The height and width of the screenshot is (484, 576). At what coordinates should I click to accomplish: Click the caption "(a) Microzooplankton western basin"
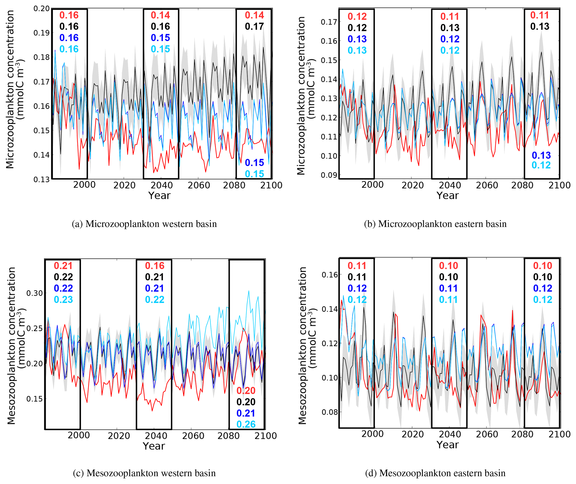[144, 224]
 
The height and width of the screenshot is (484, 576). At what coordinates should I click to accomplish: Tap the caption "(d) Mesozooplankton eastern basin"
[435, 473]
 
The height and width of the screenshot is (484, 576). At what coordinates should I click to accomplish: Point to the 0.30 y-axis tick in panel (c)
[35, 293]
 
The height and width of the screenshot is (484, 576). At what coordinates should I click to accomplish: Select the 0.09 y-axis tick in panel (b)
[329, 175]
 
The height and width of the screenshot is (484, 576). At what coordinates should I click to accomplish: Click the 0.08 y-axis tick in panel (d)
[329, 412]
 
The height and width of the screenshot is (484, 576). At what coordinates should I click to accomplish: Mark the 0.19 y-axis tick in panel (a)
[41, 33]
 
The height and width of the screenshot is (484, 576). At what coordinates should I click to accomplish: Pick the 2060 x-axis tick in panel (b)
[487, 185]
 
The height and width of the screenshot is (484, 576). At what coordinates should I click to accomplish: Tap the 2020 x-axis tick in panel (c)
[119, 436]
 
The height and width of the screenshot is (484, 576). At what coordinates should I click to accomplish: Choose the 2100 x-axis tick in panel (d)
[559, 434]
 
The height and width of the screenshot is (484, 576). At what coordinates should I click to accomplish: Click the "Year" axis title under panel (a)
[159, 196]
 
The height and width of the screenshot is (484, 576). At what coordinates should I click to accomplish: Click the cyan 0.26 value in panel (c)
[246, 424]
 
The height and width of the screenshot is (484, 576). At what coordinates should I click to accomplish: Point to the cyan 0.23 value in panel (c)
[63, 300]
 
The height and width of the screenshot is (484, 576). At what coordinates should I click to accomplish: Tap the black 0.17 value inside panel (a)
[254, 27]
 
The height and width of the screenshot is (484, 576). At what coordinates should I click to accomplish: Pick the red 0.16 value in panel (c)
[155, 266]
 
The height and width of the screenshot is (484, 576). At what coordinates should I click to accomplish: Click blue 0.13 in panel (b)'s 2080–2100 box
[541, 155]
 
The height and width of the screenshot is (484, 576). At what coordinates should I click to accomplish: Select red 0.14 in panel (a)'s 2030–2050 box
[160, 15]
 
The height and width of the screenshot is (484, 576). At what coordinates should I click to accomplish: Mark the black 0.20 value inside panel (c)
[246, 402]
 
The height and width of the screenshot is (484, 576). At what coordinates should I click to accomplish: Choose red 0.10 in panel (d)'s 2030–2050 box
[448, 266]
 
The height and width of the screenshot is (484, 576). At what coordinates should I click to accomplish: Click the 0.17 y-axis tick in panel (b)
[329, 22]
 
